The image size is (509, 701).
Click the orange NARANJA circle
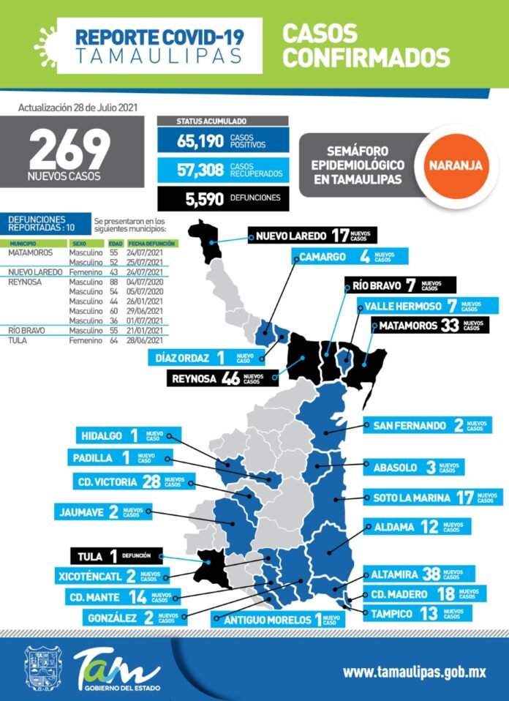pos(455,165)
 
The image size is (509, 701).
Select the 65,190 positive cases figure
pos(200,140)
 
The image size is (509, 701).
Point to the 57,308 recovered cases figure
pos(200,170)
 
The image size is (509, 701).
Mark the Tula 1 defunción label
pos(116,555)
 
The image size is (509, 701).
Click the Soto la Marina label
pos(432,498)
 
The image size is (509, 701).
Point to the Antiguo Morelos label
pos(279,619)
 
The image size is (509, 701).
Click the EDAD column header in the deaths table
pos(116,243)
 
